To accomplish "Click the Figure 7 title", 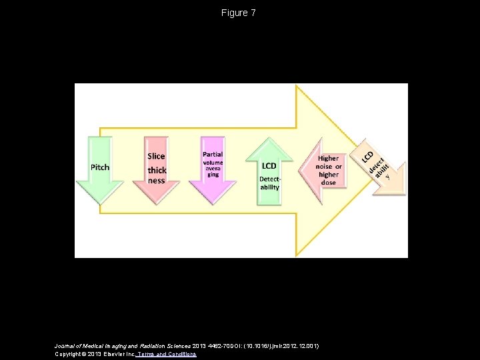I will (239, 13).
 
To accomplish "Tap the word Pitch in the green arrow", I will (100, 167).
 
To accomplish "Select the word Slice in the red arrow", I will (156, 156).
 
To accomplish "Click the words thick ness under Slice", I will (157, 175).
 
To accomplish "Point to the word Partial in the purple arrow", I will (213, 154).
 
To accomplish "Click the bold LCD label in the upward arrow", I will (269, 165).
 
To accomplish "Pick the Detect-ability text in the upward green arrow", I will (269, 183).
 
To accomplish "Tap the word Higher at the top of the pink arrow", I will (328, 159).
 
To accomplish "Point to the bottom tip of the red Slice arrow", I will (157, 203).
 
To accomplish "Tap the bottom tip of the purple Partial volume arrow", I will (213, 203).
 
